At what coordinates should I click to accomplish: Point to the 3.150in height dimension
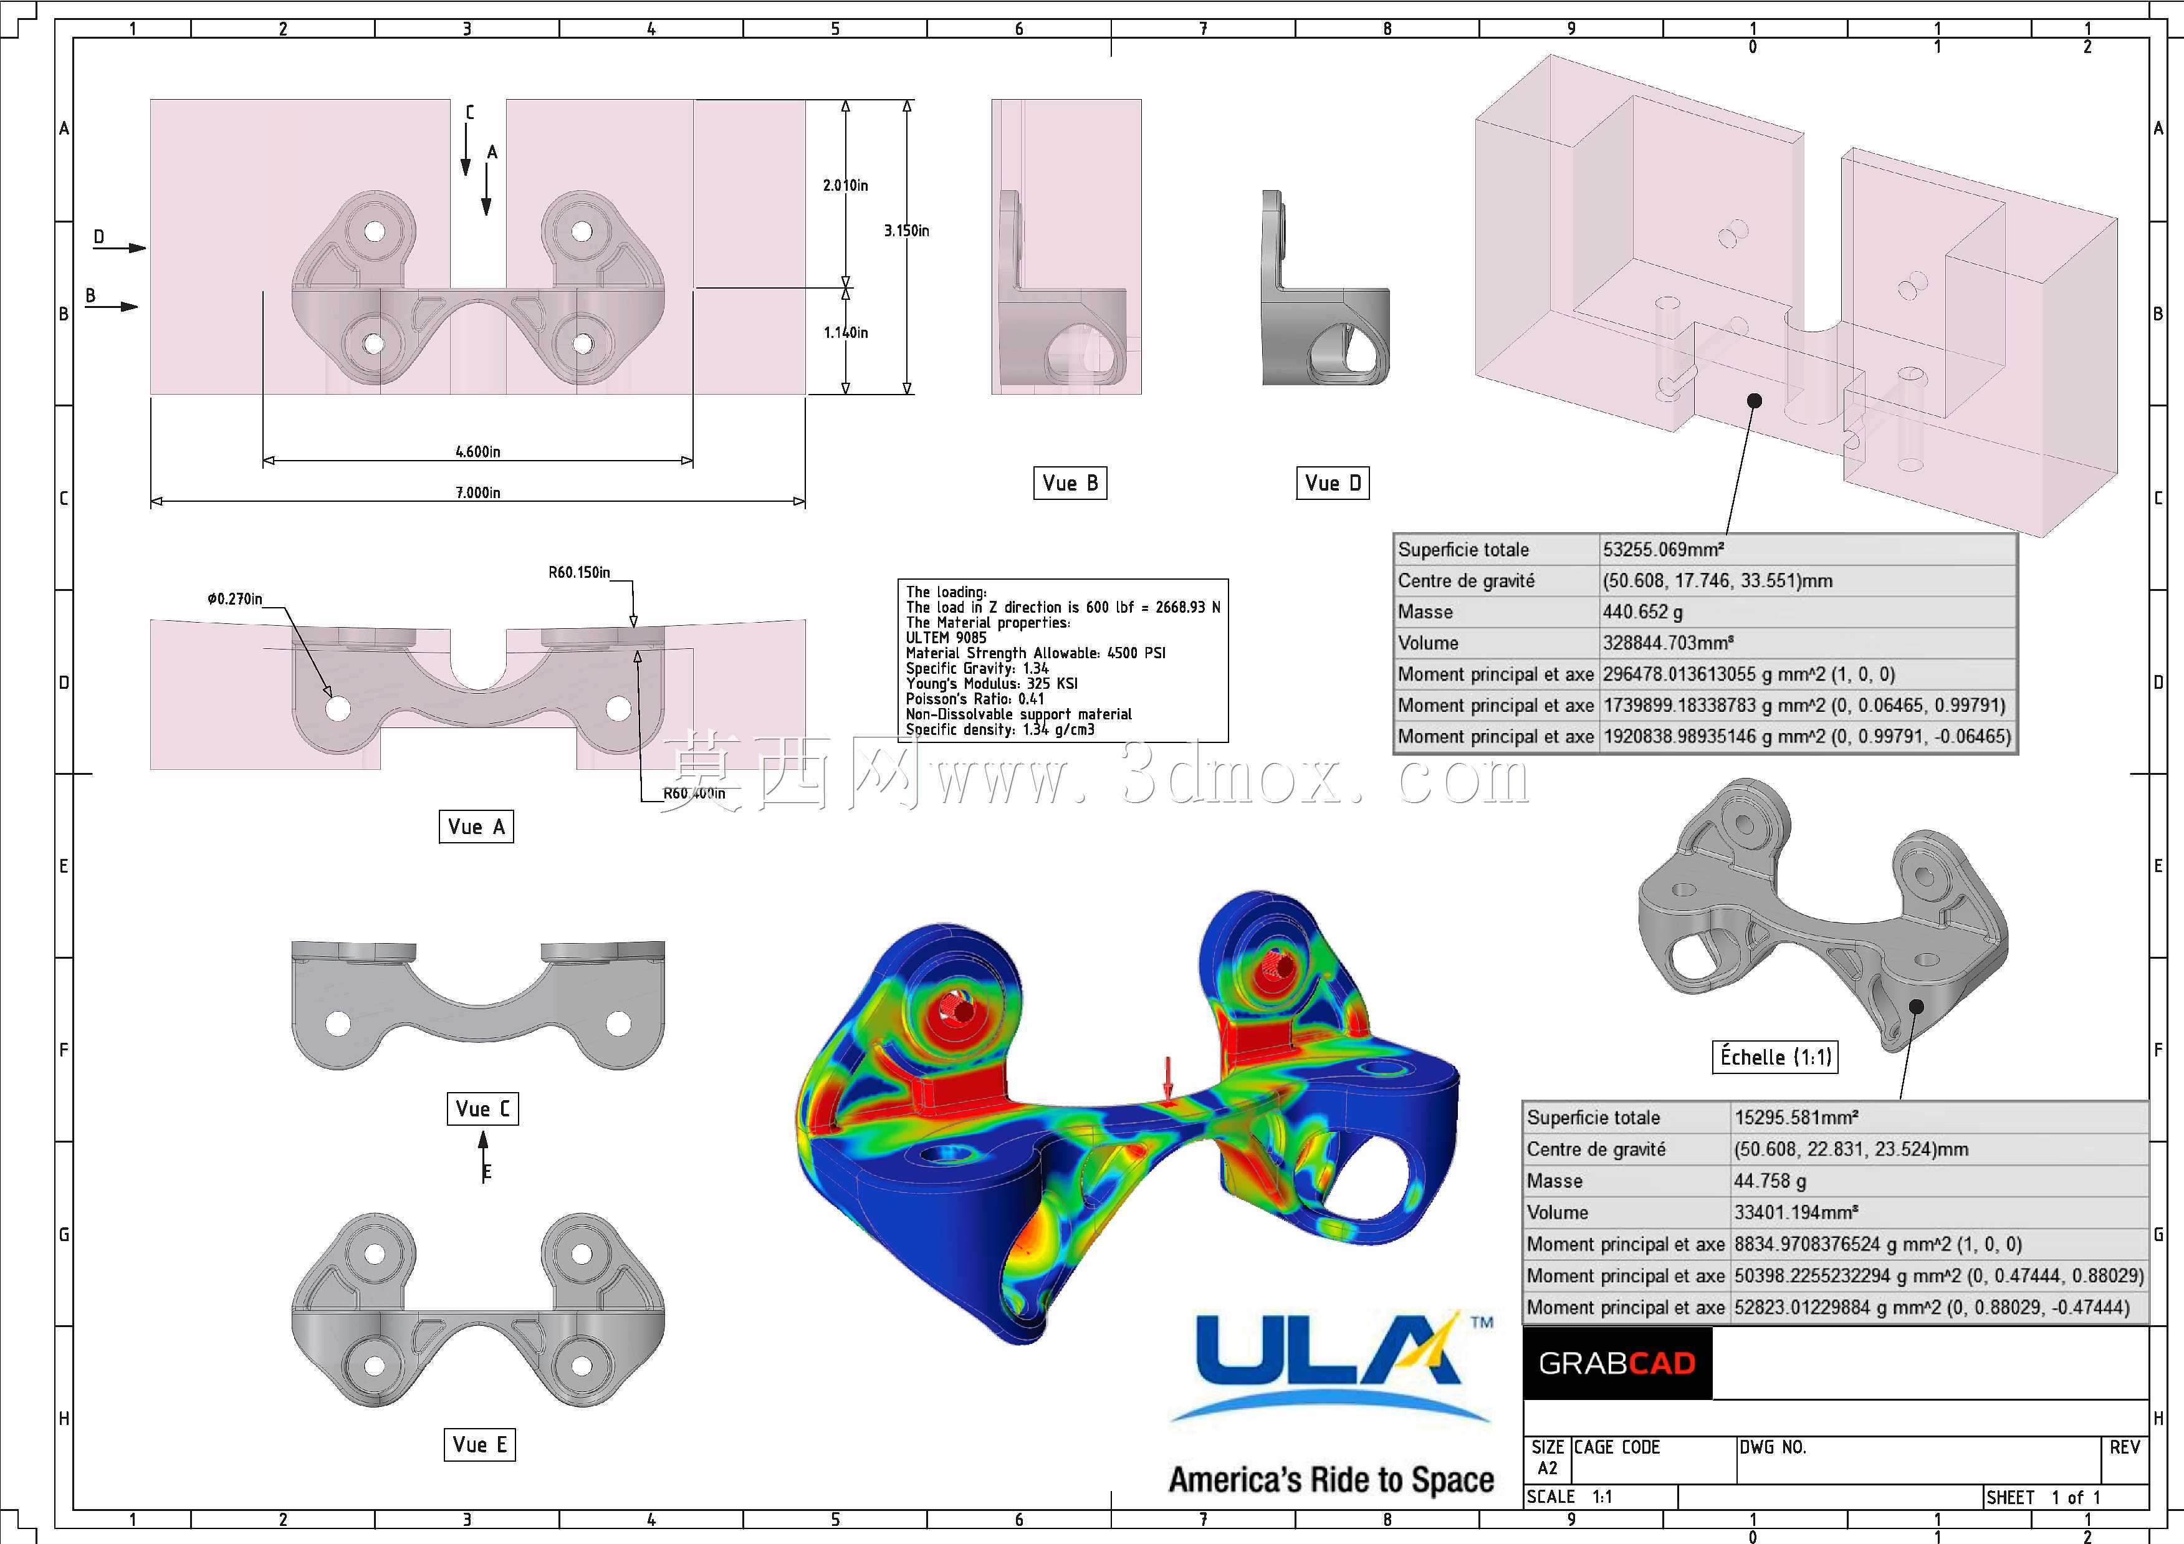pos(906,230)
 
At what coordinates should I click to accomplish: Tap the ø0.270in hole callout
pos(234,598)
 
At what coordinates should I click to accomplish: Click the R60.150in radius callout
pos(578,572)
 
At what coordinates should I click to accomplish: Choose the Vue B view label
pos(1070,483)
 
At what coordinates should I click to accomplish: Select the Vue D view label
pos(1333,483)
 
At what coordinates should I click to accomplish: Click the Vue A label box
pos(476,827)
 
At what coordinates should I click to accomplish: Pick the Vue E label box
pos(479,1445)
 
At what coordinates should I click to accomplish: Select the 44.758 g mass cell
pos(1770,1181)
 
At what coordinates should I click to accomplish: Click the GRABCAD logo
pos(1617,1363)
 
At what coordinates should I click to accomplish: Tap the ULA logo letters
pos(1328,1351)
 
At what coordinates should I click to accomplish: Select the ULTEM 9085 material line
pos(947,638)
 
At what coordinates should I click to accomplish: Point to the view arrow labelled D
pos(120,247)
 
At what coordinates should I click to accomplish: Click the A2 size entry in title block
pos(1548,1468)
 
